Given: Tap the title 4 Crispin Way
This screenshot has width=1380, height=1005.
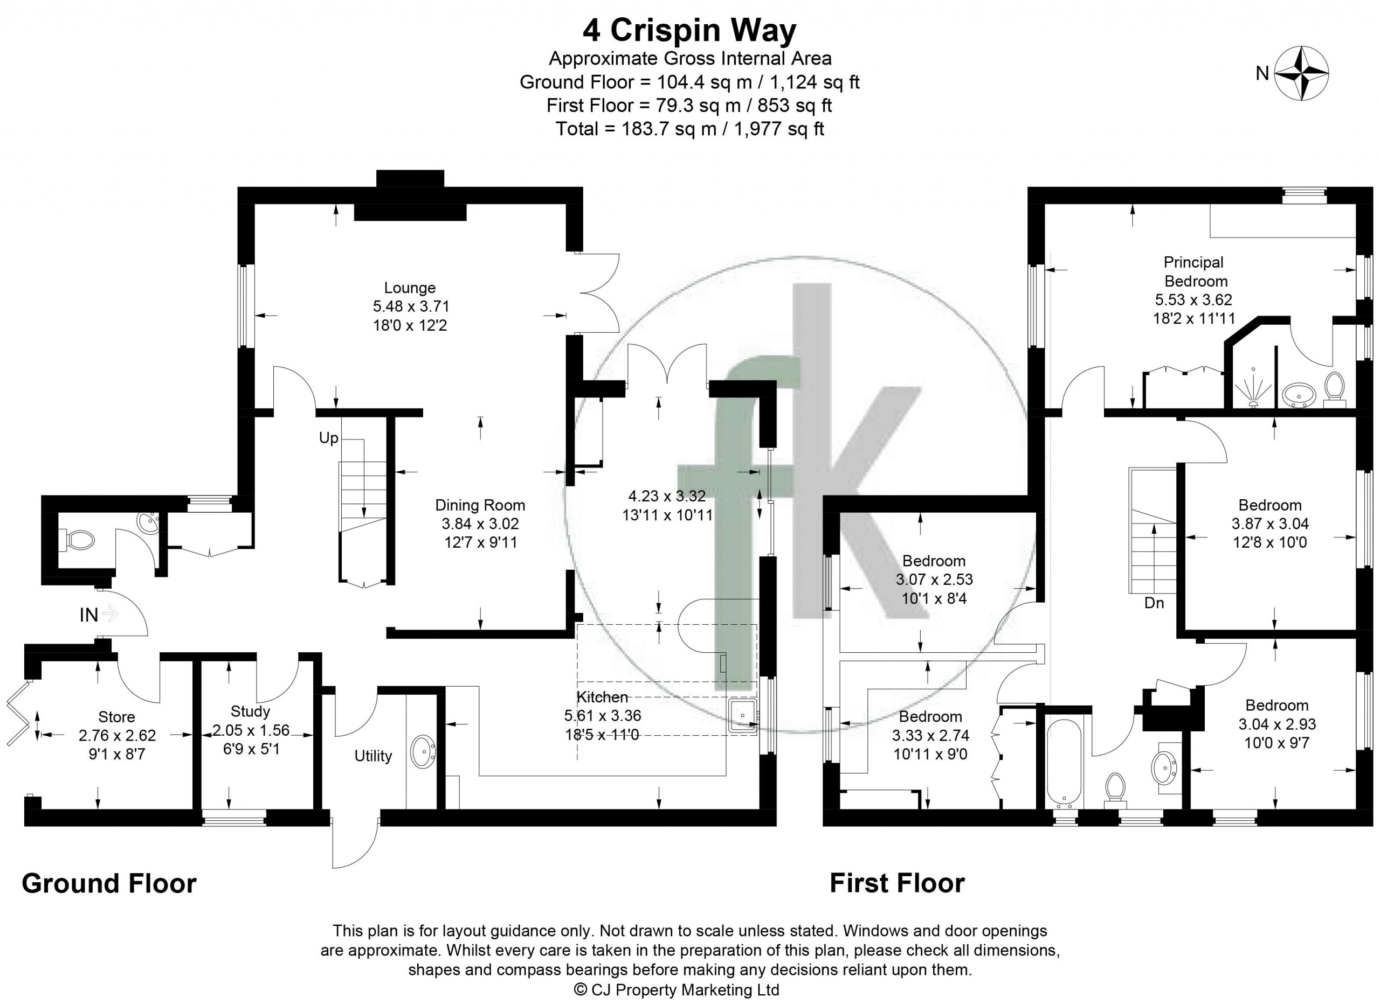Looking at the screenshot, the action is click(x=689, y=30).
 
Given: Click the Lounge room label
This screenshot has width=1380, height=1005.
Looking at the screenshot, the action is click(x=410, y=288).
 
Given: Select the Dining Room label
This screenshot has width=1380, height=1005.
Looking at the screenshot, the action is click(x=480, y=505).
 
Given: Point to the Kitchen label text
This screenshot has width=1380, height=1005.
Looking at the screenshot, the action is click(x=602, y=697).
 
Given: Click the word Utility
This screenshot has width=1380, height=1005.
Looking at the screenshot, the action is click(x=373, y=756).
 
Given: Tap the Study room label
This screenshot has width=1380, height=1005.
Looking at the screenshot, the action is click(x=250, y=711).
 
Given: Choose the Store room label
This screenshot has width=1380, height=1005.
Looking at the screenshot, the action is click(x=116, y=717).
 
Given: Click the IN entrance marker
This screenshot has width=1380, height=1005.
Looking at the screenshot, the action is click(x=89, y=615).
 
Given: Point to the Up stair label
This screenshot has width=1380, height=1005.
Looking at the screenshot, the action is click(x=329, y=438).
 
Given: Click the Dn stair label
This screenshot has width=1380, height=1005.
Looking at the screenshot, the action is click(x=1154, y=603).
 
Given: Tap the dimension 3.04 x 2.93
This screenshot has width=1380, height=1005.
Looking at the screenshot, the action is click(x=1277, y=724).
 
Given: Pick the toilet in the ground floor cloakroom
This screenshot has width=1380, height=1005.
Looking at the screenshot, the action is click(x=78, y=540).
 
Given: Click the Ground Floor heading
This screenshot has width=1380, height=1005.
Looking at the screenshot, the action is click(x=109, y=883).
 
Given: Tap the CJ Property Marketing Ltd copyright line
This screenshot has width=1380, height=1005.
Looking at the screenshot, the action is click(x=677, y=990).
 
